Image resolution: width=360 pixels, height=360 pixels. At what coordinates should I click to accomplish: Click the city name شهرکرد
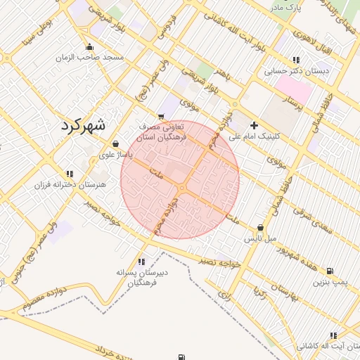coord(83,127)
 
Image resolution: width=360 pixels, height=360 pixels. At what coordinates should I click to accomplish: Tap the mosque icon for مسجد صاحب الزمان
coord(87,48)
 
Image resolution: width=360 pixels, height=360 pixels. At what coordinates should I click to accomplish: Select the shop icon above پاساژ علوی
coord(115,143)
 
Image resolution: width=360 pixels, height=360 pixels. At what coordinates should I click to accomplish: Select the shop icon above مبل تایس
coord(261,228)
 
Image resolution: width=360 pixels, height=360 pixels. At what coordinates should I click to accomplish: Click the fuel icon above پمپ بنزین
coord(330,271)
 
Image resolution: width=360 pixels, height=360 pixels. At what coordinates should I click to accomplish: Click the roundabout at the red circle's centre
coord(181,188)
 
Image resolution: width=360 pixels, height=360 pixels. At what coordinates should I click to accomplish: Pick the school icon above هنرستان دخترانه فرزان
coord(69,173)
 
